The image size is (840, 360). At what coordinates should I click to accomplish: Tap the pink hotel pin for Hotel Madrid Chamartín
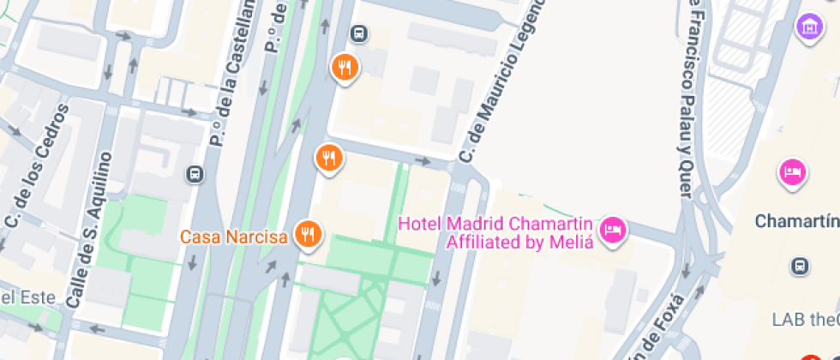point(613,229)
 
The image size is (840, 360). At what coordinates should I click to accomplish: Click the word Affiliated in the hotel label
point(485,243)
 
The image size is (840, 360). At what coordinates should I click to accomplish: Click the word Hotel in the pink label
point(420,225)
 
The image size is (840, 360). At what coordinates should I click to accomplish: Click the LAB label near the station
point(789,320)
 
